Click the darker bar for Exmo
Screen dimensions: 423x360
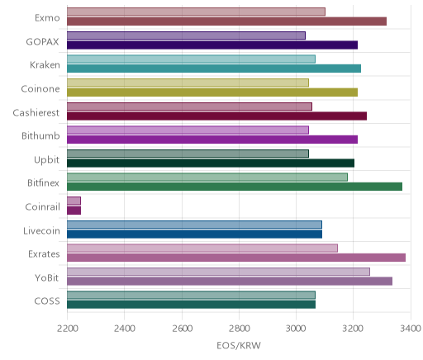[226, 21]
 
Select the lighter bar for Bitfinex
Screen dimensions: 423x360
[207, 177]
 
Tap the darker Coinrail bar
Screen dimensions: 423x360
[74, 211]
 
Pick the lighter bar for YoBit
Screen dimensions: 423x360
[218, 272]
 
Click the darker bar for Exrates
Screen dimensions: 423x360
[236, 258]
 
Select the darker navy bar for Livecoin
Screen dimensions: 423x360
[194, 234]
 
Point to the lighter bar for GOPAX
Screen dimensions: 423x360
[186, 36]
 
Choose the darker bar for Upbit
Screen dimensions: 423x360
[211, 163]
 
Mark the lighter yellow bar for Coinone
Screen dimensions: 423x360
[188, 83]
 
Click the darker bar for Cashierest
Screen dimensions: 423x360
[216, 116]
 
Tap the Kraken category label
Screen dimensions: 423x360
[45, 65]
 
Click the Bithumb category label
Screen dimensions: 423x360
[40, 135]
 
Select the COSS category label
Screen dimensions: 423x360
[47, 301]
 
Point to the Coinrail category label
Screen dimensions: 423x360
[42, 206]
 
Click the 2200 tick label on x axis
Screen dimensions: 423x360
[67, 329]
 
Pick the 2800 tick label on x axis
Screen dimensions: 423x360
[239, 329]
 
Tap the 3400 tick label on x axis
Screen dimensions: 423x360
[411, 329]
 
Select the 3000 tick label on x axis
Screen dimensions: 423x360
[297, 329]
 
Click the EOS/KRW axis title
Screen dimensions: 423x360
[239, 345]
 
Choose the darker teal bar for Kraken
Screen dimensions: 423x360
[214, 69]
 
